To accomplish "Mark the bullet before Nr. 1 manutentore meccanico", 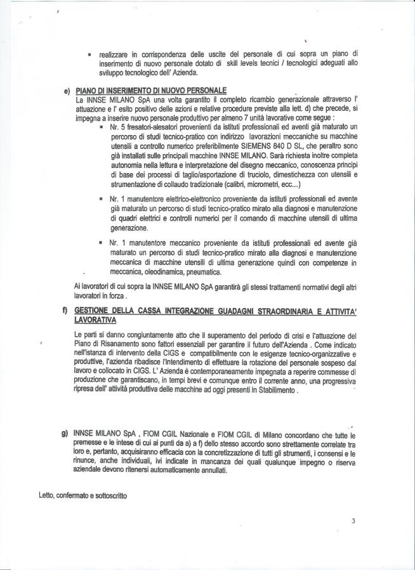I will (x=100, y=243).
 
